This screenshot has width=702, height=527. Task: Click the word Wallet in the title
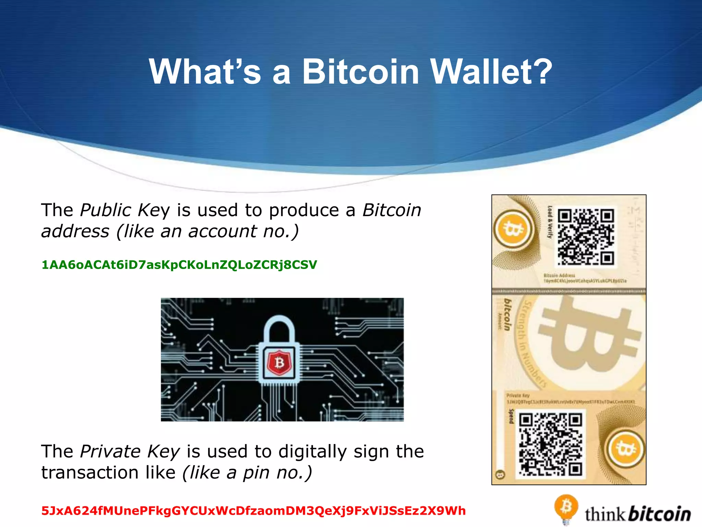(x=491, y=71)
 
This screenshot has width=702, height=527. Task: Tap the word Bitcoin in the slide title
(x=361, y=71)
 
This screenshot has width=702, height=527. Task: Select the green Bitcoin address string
(x=179, y=265)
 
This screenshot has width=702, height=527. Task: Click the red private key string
(x=253, y=511)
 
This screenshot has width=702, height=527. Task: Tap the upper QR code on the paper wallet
(x=586, y=237)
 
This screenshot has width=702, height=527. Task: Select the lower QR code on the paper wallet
(x=550, y=445)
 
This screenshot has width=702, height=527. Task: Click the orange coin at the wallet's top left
(x=512, y=229)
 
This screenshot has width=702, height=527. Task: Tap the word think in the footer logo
(x=605, y=515)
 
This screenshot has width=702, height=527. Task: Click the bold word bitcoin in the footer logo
(x=660, y=514)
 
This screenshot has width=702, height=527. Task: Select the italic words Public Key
(x=125, y=210)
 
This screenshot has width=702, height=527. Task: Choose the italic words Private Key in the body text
(x=130, y=452)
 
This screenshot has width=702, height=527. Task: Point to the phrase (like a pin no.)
(x=247, y=473)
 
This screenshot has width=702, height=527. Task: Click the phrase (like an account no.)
(x=208, y=231)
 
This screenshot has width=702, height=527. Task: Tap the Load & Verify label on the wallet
(x=550, y=222)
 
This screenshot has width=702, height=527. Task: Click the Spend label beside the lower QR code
(x=511, y=416)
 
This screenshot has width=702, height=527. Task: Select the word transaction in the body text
(x=108, y=473)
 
